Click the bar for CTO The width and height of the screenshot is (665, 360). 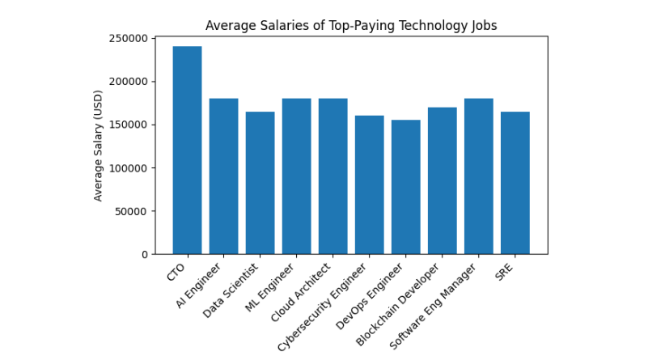coord(187,150)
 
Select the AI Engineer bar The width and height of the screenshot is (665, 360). coord(223,176)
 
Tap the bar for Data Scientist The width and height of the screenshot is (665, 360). coord(260,183)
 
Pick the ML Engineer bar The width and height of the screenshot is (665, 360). coord(296,176)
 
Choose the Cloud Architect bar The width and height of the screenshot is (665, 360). coord(332,176)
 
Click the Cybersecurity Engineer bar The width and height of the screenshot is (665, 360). coord(369,185)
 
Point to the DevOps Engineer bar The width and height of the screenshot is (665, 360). coord(405,187)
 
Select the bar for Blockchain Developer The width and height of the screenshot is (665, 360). coord(442,180)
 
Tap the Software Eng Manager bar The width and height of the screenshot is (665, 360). coord(478,176)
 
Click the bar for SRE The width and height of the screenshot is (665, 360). coord(515,183)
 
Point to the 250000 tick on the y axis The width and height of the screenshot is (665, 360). coord(132,38)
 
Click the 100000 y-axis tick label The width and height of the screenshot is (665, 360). coord(132,125)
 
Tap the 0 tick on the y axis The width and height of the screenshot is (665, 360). coord(145,254)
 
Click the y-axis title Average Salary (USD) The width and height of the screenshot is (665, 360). coord(98,146)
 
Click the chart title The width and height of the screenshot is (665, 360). coord(351,25)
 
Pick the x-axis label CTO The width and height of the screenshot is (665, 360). coord(176,271)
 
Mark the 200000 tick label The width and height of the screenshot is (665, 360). coord(132,82)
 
